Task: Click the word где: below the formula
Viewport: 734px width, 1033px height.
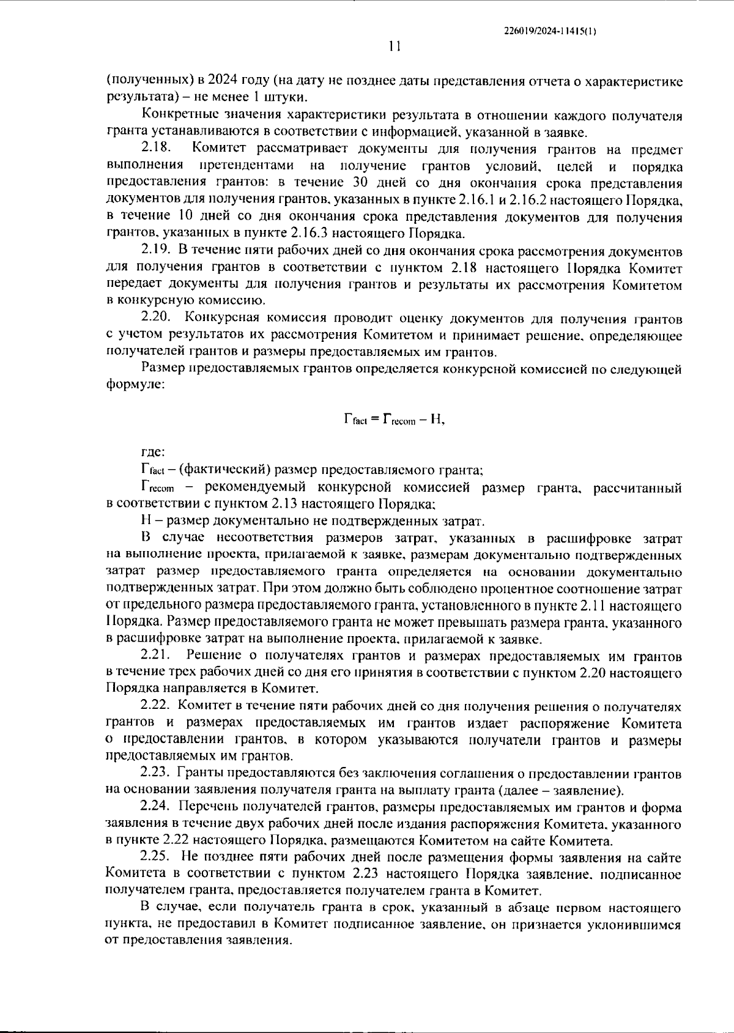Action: click(x=152, y=453)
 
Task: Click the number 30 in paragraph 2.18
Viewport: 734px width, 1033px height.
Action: click(x=361, y=183)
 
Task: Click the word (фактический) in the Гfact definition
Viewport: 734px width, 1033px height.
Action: click(x=219, y=471)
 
